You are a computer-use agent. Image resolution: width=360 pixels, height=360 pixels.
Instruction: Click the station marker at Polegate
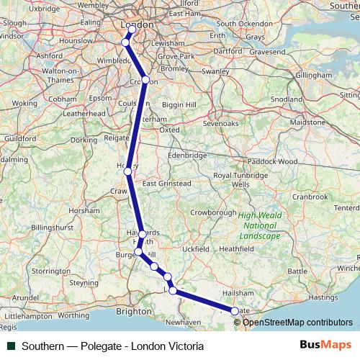tap(235, 311)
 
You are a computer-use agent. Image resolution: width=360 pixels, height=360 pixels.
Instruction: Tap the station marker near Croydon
tap(145, 80)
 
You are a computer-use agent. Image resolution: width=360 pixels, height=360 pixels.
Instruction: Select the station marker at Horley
tap(127, 171)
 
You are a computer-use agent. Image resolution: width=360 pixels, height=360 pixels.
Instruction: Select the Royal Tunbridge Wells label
tap(240, 179)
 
